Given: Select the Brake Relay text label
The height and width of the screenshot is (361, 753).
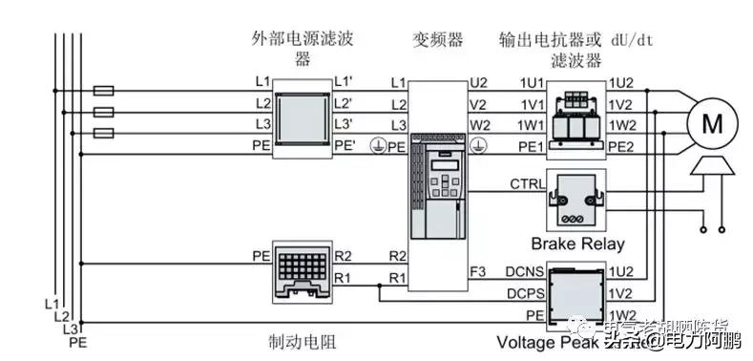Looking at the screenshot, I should pyautogui.click(x=577, y=244).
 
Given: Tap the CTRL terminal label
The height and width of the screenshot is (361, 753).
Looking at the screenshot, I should pyautogui.click(x=528, y=183).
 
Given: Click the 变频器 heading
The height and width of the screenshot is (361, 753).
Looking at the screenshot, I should pyautogui.click(x=437, y=39).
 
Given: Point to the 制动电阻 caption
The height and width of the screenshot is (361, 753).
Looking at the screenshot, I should pyautogui.click(x=303, y=341).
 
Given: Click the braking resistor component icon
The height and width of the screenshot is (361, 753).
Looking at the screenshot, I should pyautogui.click(x=302, y=266).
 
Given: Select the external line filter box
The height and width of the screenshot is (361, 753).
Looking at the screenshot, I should pyautogui.click(x=302, y=117).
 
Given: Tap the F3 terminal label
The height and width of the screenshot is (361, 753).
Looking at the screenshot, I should pyautogui.click(x=478, y=272).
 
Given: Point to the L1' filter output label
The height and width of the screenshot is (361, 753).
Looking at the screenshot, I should pyautogui.click(x=344, y=84).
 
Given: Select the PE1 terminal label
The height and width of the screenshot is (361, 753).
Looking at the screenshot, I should pyautogui.click(x=530, y=146).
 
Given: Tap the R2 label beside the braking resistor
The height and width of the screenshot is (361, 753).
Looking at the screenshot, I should pyautogui.click(x=344, y=256).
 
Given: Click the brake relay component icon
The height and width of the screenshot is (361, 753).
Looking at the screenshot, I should pyautogui.click(x=576, y=198).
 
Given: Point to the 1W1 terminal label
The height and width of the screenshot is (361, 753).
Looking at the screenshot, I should pyautogui.click(x=530, y=126).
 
